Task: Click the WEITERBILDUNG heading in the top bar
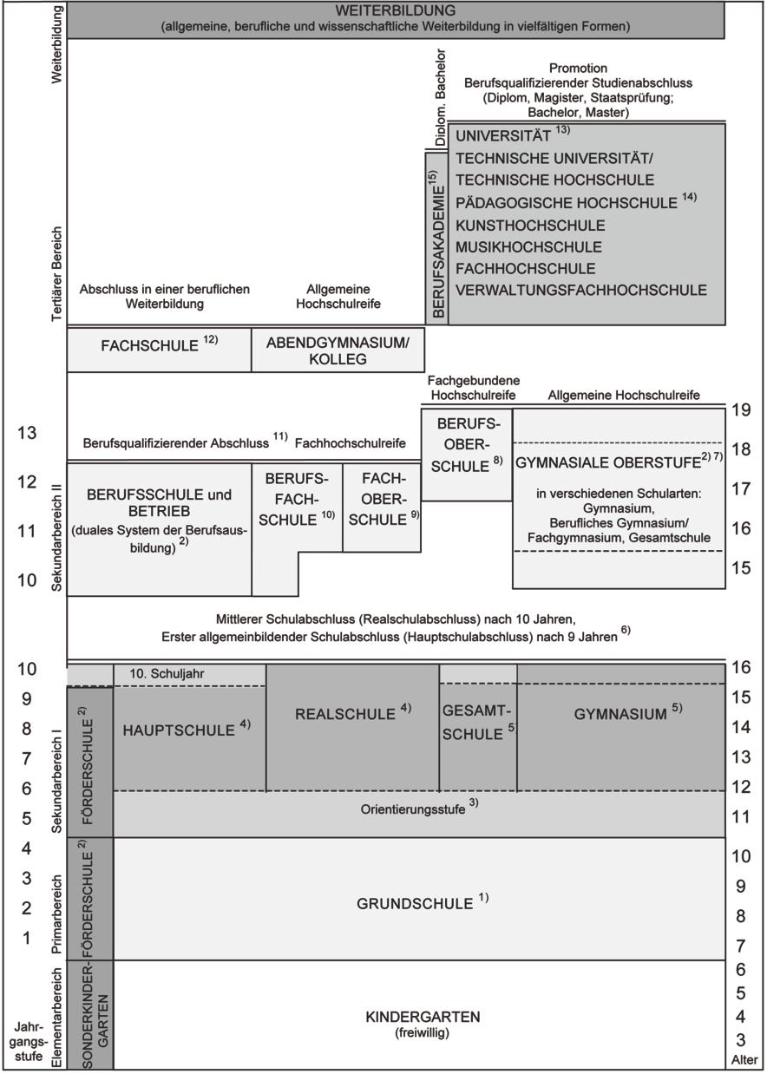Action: click(395, 11)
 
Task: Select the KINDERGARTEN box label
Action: click(423, 1016)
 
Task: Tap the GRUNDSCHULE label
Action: click(416, 903)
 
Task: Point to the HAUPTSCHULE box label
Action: click(180, 730)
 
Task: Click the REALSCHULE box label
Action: click(345, 714)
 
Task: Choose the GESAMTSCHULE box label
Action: click(475, 722)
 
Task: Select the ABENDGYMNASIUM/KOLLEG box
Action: click(338, 350)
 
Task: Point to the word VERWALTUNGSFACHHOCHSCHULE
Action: click(580, 290)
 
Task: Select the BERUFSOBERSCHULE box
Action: click(467, 445)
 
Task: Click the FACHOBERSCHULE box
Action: click(381, 499)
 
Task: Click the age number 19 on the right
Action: click(739, 410)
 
